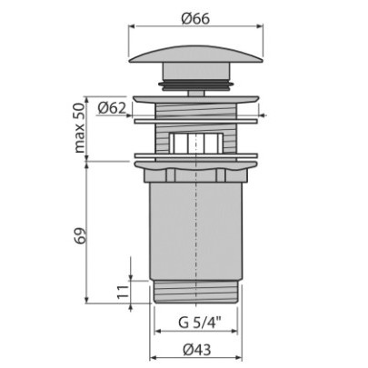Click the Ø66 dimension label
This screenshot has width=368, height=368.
tap(195, 19)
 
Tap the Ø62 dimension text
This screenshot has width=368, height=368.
tap(112, 108)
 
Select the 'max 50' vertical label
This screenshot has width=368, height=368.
tap(79, 128)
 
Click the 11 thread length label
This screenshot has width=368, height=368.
tap(124, 292)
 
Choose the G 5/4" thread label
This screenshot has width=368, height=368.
tap(200, 323)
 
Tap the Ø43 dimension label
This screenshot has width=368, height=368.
tap(197, 351)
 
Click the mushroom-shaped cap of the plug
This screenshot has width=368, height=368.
tap(196, 54)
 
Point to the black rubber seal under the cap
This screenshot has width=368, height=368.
tap(196, 85)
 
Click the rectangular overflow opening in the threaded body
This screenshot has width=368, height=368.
tap(196, 143)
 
